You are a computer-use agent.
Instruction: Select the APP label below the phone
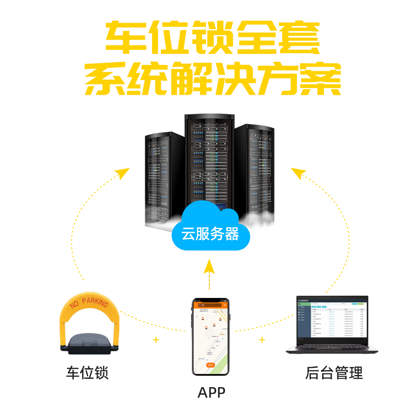211,393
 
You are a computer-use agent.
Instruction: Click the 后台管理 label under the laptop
334,372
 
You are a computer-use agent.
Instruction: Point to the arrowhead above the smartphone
209,266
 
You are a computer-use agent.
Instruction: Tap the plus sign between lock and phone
156,339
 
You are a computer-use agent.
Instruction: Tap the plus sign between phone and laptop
262,339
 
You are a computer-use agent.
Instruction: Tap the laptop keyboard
331,347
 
